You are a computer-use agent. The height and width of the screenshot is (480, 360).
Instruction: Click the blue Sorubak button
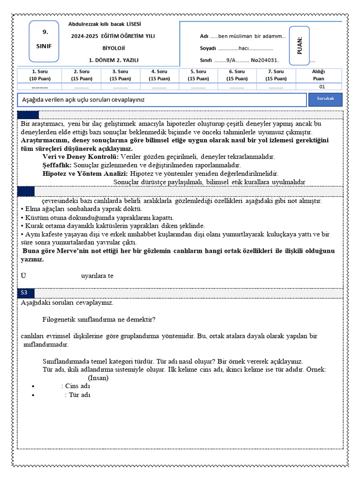pyautogui.click(x=325, y=99)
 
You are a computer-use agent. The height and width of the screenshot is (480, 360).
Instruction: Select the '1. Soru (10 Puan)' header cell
pyautogui.click(x=39, y=75)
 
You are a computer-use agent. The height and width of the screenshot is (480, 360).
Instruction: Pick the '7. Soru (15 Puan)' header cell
pyautogui.click(x=276, y=75)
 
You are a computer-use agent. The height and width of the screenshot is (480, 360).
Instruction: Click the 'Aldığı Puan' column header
pyautogui.click(x=321, y=75)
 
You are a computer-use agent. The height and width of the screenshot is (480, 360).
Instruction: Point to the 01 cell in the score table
pyautogui.click(x=321, y=87)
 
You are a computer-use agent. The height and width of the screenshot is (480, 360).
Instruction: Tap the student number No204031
pyautogui.click(x=265, y=60)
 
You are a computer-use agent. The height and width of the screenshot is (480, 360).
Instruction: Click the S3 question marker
pyautogui.click(x=25, y=292)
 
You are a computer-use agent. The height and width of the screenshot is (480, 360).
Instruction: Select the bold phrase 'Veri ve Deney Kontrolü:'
pyautogui.click(x=81, y=157)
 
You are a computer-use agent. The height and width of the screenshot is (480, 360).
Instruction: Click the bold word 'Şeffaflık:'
pyautogui.click(x=57, y=165)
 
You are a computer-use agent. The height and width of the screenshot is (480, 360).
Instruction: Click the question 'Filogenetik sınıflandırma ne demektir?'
pyautogui.click(x=99, y=320)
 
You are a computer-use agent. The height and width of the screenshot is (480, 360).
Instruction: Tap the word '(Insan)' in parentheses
pyautogui.click(x=98, y=378)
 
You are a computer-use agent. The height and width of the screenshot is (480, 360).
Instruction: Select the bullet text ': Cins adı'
pyautogui.click(x=75, y=386)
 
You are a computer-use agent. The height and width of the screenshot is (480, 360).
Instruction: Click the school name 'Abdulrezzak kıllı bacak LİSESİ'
pyautogui.click(x=105, y=24)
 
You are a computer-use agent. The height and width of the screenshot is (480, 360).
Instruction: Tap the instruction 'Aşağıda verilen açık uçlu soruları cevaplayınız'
pyautogui.click(x=84, y=100)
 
